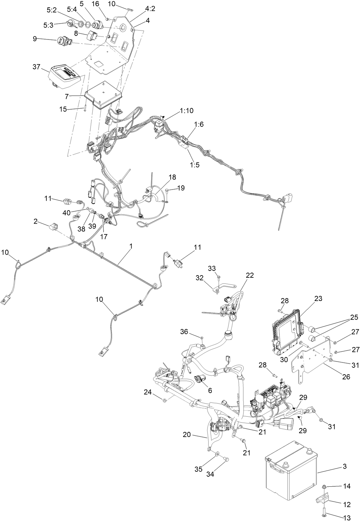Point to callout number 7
click(66, 96)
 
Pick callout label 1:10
click(186, 111)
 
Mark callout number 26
click(346, 376)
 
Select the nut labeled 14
click(324, 486)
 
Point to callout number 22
click(250, 275)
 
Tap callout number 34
click(210, 474)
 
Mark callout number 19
click(181, 188)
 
